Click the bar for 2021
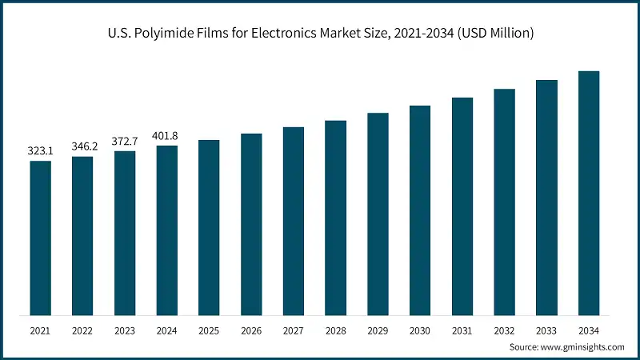[41, 238]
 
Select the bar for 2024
[167, 230]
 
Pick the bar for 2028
[336, 218]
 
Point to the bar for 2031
[462, 206]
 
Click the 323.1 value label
[41, 150]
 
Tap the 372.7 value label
[125, 141]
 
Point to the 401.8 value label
[167, 135]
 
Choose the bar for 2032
[504, 202]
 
